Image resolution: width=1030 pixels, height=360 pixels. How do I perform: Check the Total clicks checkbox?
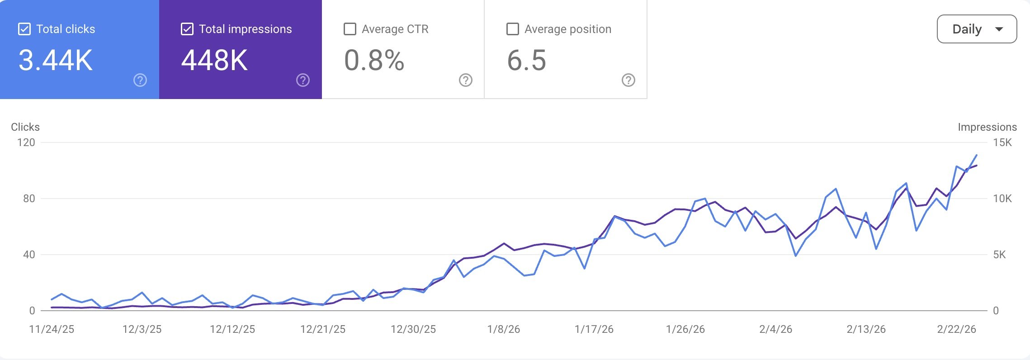pos(24,29)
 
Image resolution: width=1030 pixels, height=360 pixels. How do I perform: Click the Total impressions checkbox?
pos(187,29)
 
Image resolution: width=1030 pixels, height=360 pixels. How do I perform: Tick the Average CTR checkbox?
pos(350,29)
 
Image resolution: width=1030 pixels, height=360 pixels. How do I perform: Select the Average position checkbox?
pos(513,29)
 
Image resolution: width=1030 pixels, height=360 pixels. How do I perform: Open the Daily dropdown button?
pos(977,29)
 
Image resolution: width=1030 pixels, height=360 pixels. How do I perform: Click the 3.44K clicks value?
pos(56,60)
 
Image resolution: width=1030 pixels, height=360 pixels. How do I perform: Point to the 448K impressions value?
pos(214,60)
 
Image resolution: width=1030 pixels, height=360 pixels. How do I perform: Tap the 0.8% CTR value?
pos(374,60)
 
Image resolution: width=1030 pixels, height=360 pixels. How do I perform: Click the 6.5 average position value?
pos(526,60)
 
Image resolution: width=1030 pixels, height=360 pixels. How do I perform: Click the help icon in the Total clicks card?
pos(140,80)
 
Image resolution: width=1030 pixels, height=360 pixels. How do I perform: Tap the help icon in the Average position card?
pos(628,80)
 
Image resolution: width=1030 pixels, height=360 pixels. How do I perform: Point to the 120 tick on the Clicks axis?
pos(26,142)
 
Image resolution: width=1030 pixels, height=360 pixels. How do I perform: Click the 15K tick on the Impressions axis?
pos(1002,142)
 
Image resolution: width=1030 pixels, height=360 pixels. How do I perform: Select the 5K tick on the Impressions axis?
pos(999,255)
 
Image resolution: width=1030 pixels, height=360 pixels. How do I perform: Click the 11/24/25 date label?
pos(52,329)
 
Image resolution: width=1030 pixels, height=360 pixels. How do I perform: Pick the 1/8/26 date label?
pos(504,329)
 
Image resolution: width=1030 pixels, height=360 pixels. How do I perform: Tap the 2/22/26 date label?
pos(956,329)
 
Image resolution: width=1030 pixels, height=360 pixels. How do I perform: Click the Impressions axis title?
pos(987,127)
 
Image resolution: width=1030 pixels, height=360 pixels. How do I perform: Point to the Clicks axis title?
pos(25,127)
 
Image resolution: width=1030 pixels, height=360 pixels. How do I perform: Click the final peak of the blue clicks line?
pos(977,155)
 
